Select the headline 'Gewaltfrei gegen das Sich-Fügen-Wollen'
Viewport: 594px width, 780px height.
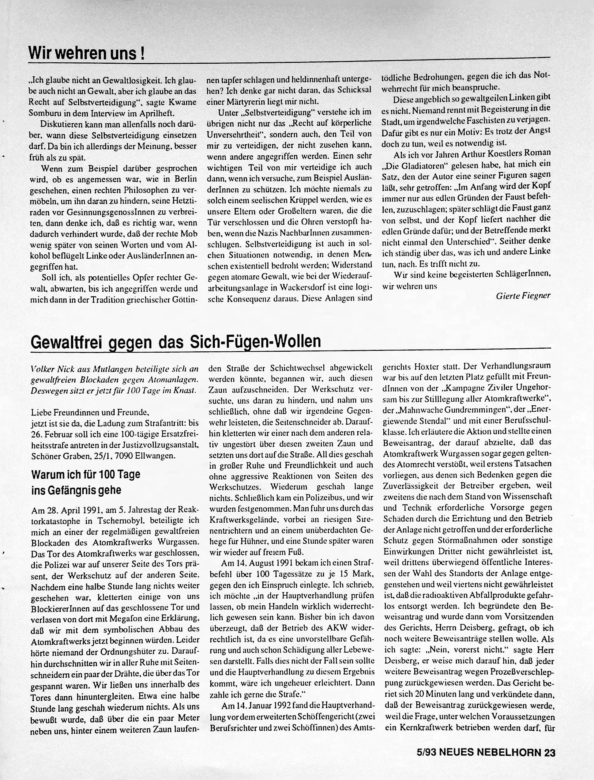point(176,341)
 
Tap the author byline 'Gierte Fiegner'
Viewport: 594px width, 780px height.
point(523,296)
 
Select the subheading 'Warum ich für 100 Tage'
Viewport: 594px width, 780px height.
point(86,474)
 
